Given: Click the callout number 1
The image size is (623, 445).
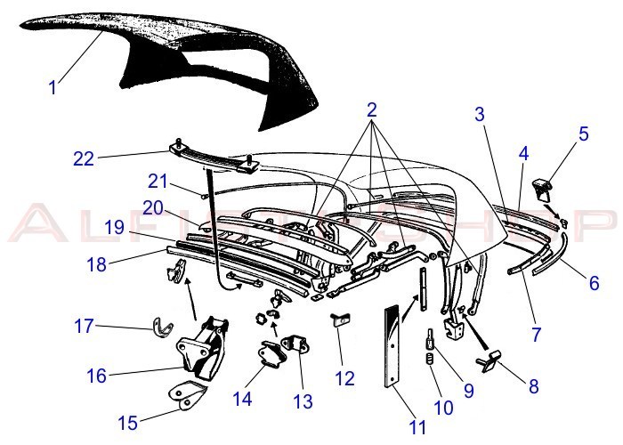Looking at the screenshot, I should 53,87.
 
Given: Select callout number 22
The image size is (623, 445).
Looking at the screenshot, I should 83,159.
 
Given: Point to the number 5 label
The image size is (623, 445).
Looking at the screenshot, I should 584,134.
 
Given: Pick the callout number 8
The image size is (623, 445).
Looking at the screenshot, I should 534,387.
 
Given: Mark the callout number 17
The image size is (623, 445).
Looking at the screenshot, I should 84,326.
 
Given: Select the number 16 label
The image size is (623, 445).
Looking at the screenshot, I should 96,376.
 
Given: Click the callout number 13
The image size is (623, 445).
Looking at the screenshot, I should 303,402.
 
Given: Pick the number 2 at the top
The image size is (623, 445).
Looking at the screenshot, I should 371,110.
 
